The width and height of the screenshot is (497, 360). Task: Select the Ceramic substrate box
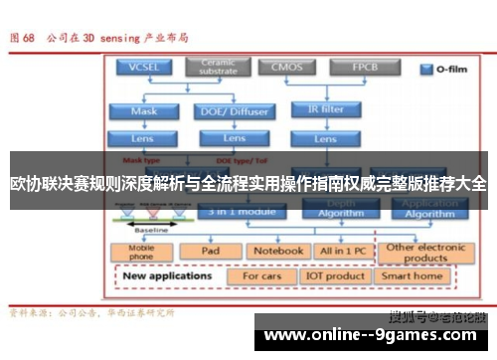(x=218, y=66)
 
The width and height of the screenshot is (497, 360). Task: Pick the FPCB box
(x=364, y=67)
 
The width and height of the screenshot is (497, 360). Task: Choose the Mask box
(x=144, y=111)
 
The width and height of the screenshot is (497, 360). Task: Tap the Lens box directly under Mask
(x=144, y=137)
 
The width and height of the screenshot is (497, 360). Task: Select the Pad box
(x=210, y=251)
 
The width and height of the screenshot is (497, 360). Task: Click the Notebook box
(x=276, y=251)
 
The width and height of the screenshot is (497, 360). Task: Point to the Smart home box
(x=413, y=275)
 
